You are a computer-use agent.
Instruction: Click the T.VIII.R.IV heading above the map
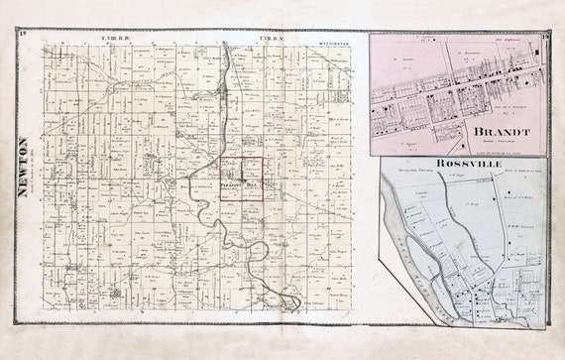[116, 38]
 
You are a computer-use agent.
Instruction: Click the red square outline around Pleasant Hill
[220, 180]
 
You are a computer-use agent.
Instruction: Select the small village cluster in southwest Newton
[70, 267]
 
